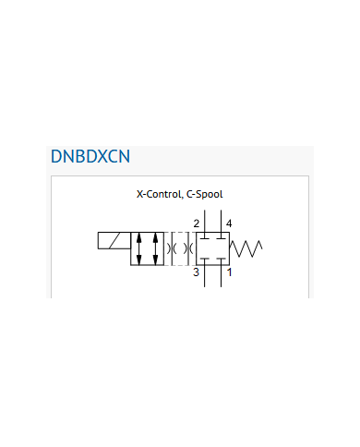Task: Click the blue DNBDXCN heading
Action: pos(90,156)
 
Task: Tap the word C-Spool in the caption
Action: pos(205,194)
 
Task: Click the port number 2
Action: pos(197,223)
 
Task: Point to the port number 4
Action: pos(229,223)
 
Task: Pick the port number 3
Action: pos(196,272)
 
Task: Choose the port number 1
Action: pos(229,272)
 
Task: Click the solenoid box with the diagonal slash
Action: pos(114,240)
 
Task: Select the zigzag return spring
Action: pos(246,248)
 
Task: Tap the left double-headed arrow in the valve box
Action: pos(139,248)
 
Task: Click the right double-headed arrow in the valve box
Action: pos(155,248)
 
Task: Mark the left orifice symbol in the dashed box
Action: pos(172,248)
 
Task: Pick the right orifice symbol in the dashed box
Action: pos(188,248)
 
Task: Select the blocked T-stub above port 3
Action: pos(205,261)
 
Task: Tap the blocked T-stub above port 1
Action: pos(221,261)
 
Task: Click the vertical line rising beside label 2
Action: pos(205,222)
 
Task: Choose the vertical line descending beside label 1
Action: pos(221,276)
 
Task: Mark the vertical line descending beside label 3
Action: pos(205,276)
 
